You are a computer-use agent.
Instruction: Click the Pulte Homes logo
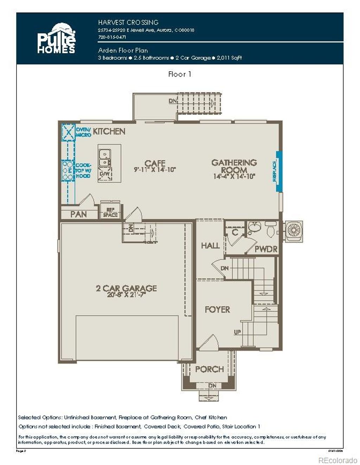(x=56, y=39)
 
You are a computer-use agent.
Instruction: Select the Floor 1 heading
(x=180, y=74)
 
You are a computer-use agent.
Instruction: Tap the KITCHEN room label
(x=109, y=131)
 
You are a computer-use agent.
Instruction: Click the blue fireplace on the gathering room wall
(x=279, y=171)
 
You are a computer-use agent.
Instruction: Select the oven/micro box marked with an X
(x=69, y=132)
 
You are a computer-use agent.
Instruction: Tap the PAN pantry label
(x=78, y=214)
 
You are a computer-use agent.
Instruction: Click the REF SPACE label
(x=110, y=212)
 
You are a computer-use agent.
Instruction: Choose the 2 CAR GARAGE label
(x=126, y=288)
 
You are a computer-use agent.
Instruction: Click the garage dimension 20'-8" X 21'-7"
(x=126, y=295)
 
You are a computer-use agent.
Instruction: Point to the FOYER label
(x=217, y=309)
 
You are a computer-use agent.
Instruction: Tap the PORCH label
(x=209, y=369)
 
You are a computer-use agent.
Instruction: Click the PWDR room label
(x=266, y=249)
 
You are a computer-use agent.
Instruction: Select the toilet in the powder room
(x=271, y=229)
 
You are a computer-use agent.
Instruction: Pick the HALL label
(x=210, y=245)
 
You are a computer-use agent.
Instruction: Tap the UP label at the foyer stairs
(x=238, y=332)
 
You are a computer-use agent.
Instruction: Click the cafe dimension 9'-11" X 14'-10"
(x=155, y=170)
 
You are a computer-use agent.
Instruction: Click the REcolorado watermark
(x=337, y=460)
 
